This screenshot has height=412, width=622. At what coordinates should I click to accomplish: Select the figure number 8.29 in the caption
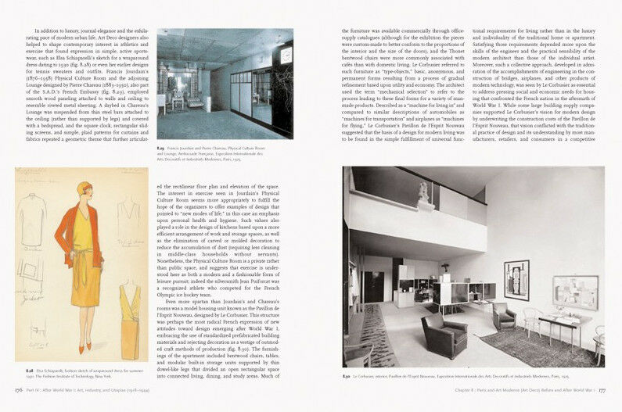[162, 145]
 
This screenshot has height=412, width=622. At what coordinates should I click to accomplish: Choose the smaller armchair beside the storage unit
[504, 314]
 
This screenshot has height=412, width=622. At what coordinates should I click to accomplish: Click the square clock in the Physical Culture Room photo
[286, 56]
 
